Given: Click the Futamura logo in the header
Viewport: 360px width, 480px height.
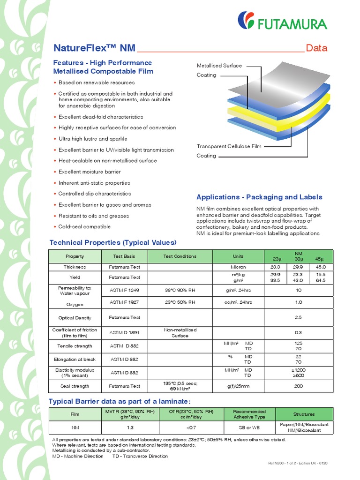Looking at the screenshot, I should tap(283, 21).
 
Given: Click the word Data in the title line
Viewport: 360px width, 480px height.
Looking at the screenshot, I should tap(316, 48).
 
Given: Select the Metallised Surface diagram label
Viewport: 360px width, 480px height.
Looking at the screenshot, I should tap(219, 66).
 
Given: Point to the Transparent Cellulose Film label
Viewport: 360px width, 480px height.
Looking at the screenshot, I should tap(229, 146).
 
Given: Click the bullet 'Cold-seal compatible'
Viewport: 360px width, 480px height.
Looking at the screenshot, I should tap(84, 226).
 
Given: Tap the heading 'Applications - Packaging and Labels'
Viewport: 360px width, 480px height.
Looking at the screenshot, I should tap(259, 197).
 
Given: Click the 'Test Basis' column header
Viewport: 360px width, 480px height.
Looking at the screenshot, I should tap(124, 256).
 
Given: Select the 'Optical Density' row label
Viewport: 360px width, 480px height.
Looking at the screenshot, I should tap(75, 317).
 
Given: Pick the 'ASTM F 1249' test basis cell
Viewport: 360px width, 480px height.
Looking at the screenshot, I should tap(124, 290).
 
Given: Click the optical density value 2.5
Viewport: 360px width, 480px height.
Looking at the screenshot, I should tap(299, 317).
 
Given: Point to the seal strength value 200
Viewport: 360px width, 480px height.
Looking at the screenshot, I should tap(299, 386).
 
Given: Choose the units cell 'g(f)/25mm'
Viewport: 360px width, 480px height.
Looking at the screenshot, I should tap(238, 386).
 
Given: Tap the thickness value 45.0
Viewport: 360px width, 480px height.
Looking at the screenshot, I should tap(321, 267).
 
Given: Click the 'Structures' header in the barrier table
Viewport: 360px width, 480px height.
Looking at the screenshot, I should tap(304, 414).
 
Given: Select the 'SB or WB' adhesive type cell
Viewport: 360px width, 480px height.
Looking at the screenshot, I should tap(249, 427).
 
